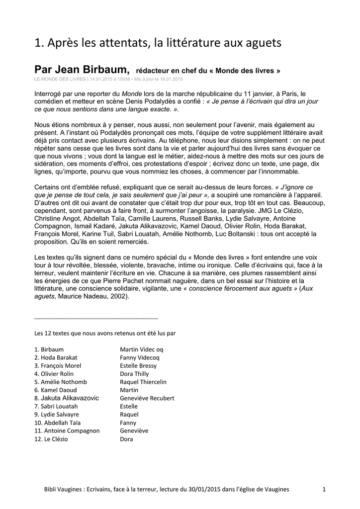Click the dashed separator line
click(96, 318)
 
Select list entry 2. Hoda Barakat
click(56, 357)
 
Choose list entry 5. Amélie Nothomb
click(61, 382)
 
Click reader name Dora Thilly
click(134, 374)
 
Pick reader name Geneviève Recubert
click(147, 398)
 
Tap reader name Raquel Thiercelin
click(143, 382)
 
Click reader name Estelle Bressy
click(138, 365)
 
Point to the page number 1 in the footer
click(324, 490)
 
